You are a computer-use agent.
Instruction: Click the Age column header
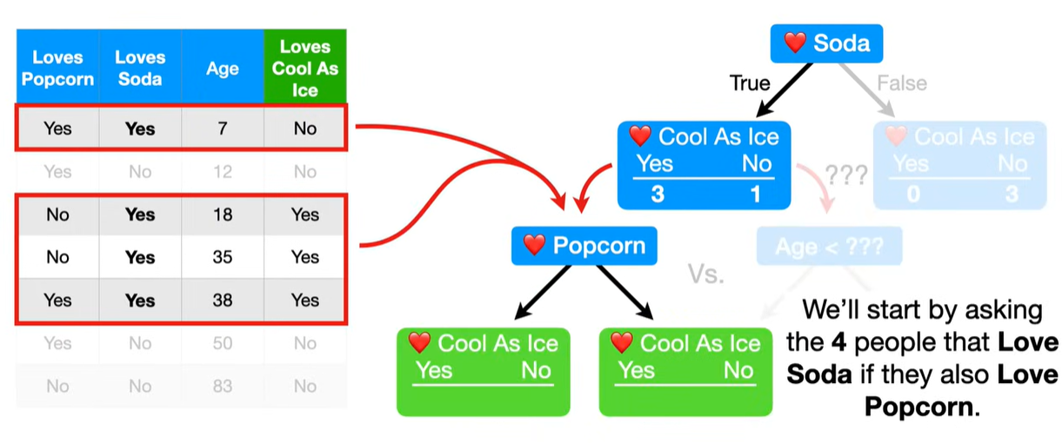[223, 69]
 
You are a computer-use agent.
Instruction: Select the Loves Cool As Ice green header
[304, 69]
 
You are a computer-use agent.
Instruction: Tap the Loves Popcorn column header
[57, 69]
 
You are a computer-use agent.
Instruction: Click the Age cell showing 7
[223, 129]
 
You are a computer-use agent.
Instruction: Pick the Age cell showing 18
[223, 215]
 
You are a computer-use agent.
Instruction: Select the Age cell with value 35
[223, 257]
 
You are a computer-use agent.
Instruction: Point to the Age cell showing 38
[223, 301]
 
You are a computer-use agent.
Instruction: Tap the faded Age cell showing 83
[223, 386]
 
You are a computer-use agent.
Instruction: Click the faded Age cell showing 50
[223, 343]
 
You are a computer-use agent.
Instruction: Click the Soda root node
[826, 43]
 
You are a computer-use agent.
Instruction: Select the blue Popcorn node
[584, 246]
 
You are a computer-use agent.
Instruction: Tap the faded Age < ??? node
[829, 247]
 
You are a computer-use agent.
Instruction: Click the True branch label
[750, 83]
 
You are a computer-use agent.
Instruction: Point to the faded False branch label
[901, 83]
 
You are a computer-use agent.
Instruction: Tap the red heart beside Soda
[795, 43]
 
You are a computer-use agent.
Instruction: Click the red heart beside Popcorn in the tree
[534, 246]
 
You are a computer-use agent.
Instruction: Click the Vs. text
[706, 274]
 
